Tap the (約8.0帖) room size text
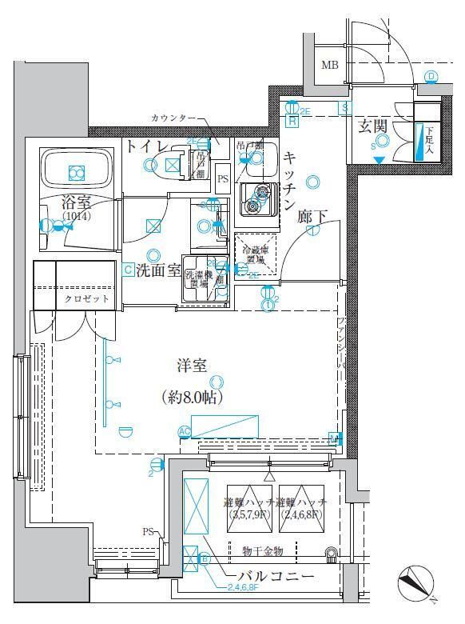coord(192,397)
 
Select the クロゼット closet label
coord(83,299)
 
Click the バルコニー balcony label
coord(275,576)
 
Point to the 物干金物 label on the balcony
coord(267,550)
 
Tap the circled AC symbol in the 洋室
coord(185,432)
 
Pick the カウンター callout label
coord(173,118)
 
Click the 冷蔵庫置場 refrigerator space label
coord(256,253)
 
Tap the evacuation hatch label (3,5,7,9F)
coord(250,509)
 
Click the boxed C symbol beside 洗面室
coord(128,270)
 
